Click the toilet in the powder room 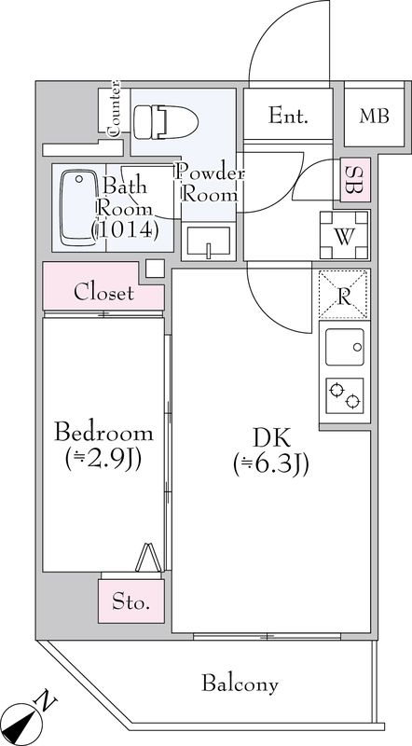click(158, 120)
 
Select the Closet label click(103, 293)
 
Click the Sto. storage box click(131, 602)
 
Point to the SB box click(354, 181)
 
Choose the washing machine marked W click(344, 236)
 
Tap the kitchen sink click(344, 349)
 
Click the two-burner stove click(344, 394)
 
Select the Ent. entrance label click(288, 116)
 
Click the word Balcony click(240, 684)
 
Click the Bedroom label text click(103, 433)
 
